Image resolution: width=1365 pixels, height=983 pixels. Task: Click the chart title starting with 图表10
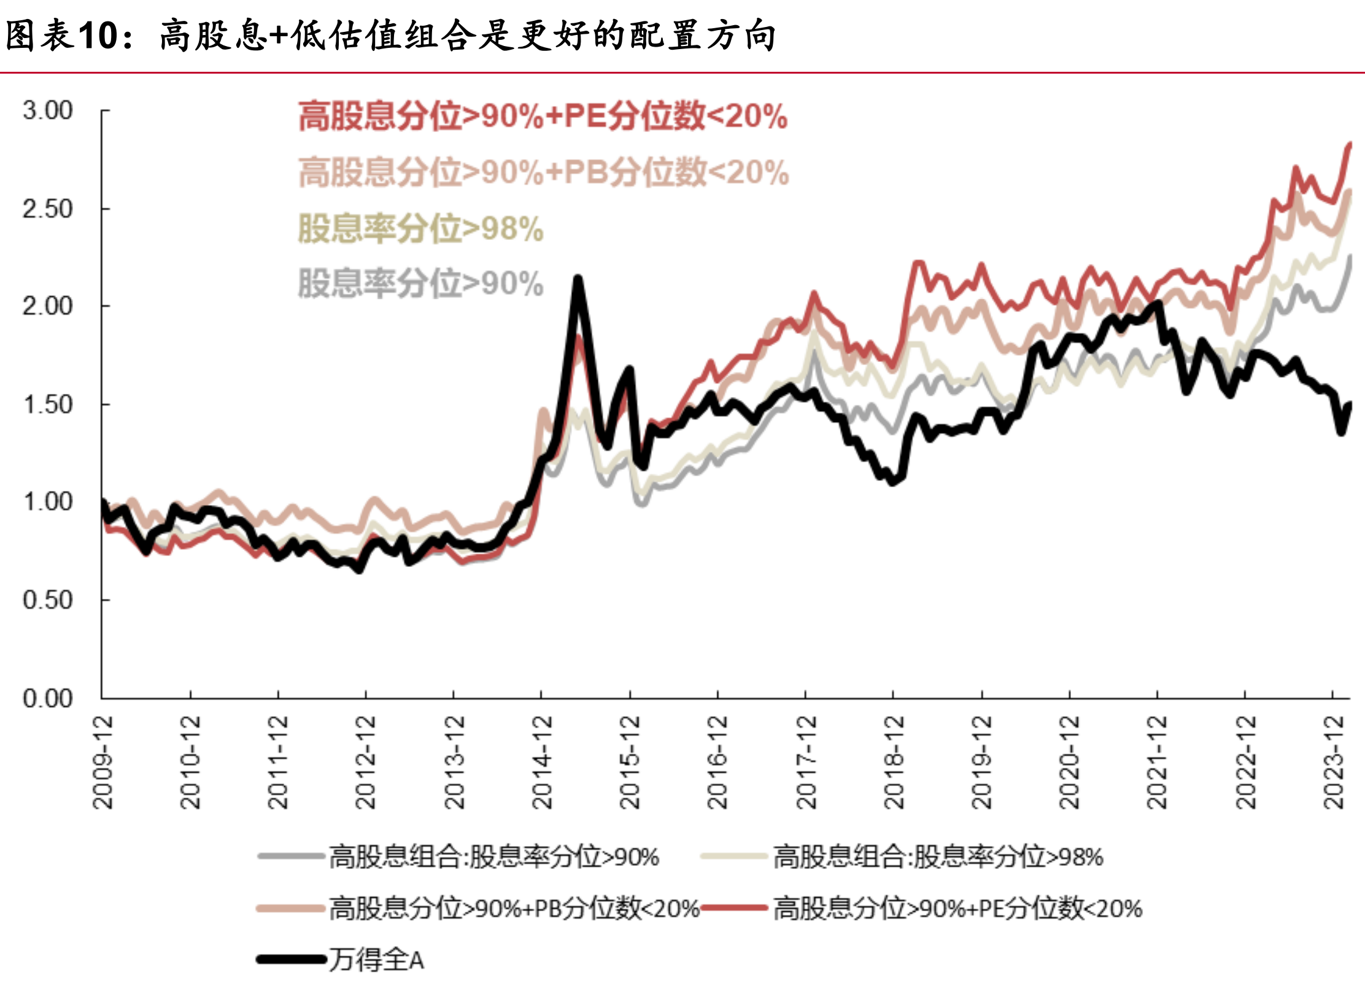coord(390,36)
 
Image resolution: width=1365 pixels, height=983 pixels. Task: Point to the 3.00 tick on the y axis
coord(47,110)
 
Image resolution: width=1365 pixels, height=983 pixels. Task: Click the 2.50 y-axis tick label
coord(47,209)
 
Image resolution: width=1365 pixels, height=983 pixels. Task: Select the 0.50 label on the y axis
coord(47,599)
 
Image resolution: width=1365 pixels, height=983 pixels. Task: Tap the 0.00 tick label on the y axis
coord(47,698)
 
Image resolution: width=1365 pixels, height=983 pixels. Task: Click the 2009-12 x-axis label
coord(102,762)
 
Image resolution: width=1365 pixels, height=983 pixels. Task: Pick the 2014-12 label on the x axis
coord(541,762)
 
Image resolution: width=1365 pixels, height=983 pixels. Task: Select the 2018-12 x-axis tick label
coord(893,762)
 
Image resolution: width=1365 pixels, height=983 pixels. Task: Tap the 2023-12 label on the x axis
coord(1332,762)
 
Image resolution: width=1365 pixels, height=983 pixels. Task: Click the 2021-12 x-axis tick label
coord(1157,762)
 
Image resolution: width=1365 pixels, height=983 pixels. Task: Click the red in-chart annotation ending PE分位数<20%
coord(543,115)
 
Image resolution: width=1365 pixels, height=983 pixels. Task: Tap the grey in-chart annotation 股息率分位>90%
coord(420,283)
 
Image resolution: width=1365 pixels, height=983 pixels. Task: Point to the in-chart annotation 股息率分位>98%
coord(420,228)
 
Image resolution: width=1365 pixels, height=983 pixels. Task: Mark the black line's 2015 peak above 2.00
coord(578,279)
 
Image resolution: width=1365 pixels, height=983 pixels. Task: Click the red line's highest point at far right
coord(1350,145)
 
